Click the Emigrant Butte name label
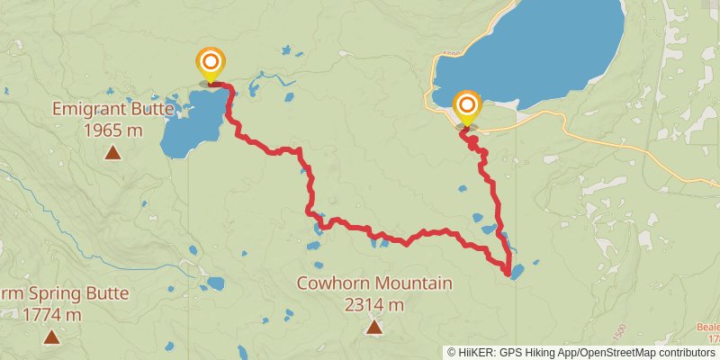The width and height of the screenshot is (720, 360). [112, 110]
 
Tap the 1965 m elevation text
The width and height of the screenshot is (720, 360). [112, 130]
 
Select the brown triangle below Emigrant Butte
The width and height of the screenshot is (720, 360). [112, 152]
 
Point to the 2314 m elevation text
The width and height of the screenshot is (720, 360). [374, 304]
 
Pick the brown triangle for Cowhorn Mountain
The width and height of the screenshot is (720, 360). [374, 326]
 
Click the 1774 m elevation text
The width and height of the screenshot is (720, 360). [52, 315]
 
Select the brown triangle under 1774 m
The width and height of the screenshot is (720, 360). [52, 337]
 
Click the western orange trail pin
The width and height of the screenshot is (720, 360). [211, 63]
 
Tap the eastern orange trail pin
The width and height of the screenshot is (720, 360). [467, 105]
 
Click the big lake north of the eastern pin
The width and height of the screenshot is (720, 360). [540, 45]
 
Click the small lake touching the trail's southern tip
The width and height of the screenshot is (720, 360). [517, 272]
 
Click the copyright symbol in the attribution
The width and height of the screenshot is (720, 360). [454, 353]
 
